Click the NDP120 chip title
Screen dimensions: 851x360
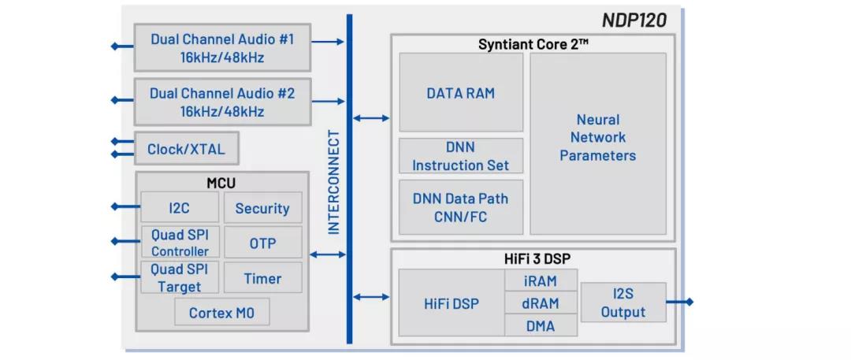(x=634, y=20)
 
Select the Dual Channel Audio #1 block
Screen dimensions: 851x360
(x=222, y=48)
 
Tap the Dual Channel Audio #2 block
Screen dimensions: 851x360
(x=222, y=102)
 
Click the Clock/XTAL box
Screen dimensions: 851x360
(x=186, y=148)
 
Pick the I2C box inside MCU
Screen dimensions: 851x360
(x=180, y=207)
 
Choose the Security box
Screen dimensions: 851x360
(x=262, y=207)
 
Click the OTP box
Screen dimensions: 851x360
(x=262, y=243)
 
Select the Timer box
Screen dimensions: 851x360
(x=262, y=278)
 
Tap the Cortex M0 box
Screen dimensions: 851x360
(x=221, y=312)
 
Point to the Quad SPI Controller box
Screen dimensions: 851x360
(x=180, y=243)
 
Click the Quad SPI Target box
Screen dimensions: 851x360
(x=180, y=278)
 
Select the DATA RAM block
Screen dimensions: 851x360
(x=461, y=92)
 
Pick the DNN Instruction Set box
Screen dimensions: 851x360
(x=461, y=156)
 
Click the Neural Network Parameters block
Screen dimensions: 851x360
(x=598, y=143)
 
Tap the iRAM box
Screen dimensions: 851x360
(x=541, y=280)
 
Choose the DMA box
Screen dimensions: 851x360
(x=541, y=325)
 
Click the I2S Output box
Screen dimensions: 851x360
(x=623, y=302)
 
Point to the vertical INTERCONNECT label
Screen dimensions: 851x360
(x=334, y=182)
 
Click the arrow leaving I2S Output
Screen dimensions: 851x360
(x=680, y=302)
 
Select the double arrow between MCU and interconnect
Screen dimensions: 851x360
(x=328, y=254)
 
